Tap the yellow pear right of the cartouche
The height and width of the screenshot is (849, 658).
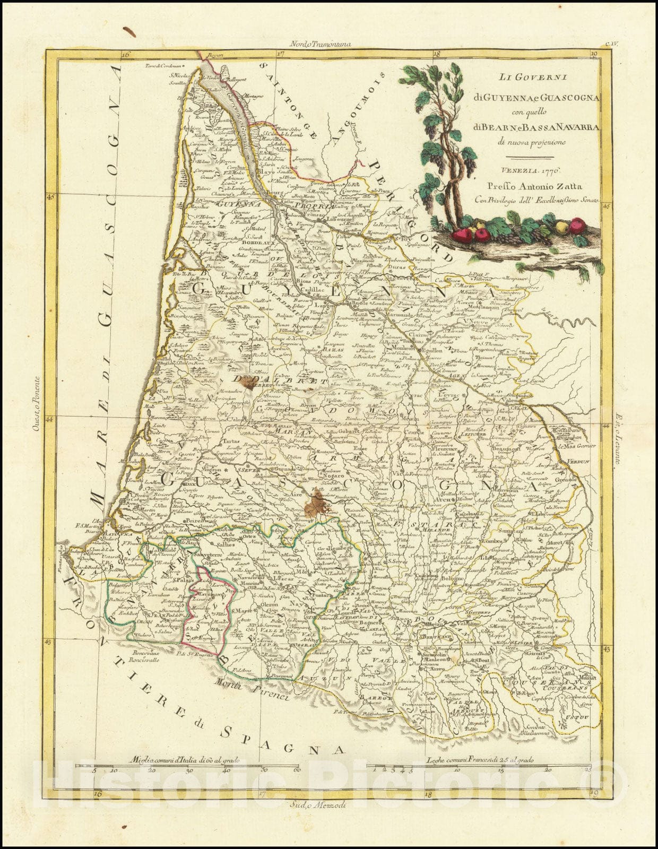[x=560, y=227]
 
